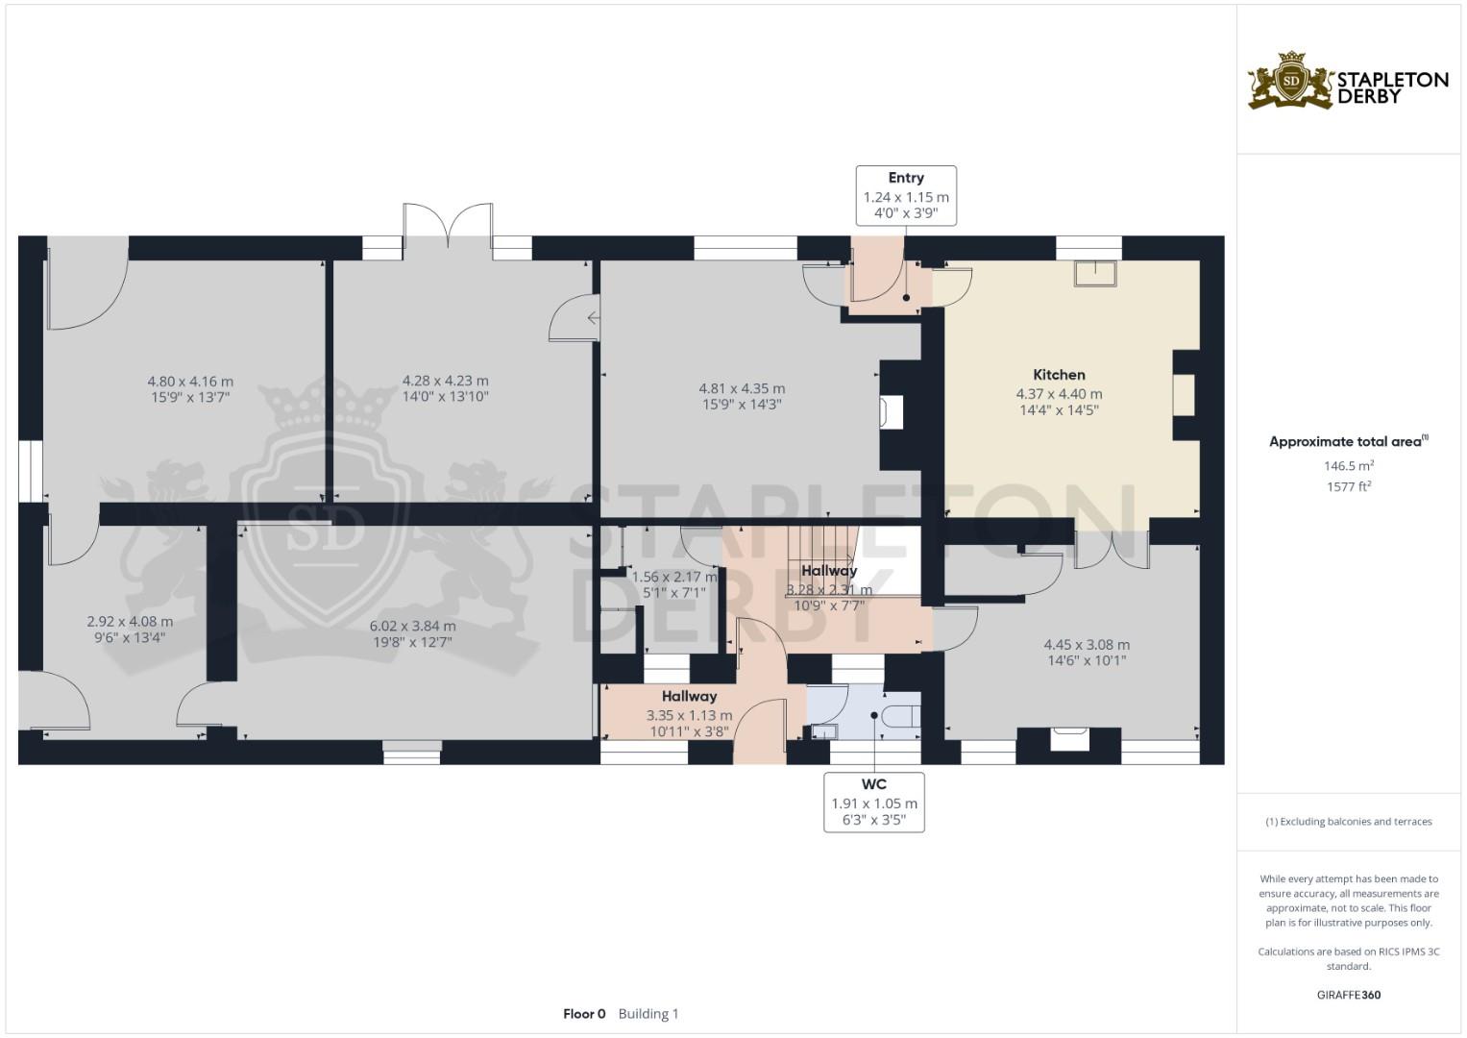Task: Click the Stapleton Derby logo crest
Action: pyautogui.click(x=1290, y=81)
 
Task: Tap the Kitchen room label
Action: pyautogui.click(x=1059, y=375)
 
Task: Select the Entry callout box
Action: pyautogui.click(x=906, y=196)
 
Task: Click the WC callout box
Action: pyautogui.click(x=874, y=802)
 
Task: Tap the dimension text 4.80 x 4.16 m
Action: pyautogui.click(x=190, y=382)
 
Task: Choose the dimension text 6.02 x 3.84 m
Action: pyautogui.click(x=412, y=626)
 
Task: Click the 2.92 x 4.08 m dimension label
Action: pyautogui.click(x=130, y=622)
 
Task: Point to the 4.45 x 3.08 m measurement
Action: pyautogui.click(x=1087, y=645)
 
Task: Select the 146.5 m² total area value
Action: pyautogui.click(x=1348, y=466)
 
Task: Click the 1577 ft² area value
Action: pyautogui.click(x=1348, y=486)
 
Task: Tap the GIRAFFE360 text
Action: pyautogui.click(x=1348, y=995)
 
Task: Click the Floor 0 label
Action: pyautogui.click(x=584, y=1014)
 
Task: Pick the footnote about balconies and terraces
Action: pyautogui.click(x=1348, y=822)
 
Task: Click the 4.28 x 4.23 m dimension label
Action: pyautogui.click(x=445, y=382)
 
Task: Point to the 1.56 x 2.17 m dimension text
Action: pyautogui.click(x=673, y=578)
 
